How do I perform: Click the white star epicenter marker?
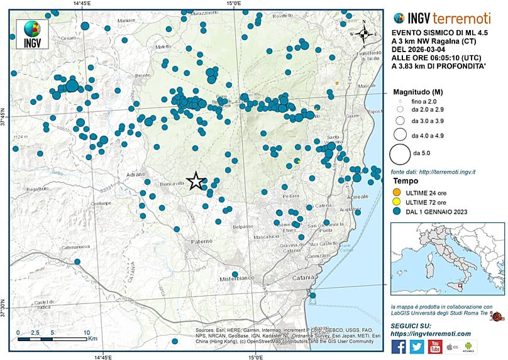(x=196, y=181)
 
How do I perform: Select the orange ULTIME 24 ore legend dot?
(x=396, y=191)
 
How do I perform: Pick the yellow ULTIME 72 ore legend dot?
(x=396, y=202)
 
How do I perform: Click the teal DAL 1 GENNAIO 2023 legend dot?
(x=396, y=212)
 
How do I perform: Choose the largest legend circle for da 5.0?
(x=400, y=153)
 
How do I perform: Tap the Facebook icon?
(x=398, y=346)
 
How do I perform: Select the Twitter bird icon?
(x=416, y=346)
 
